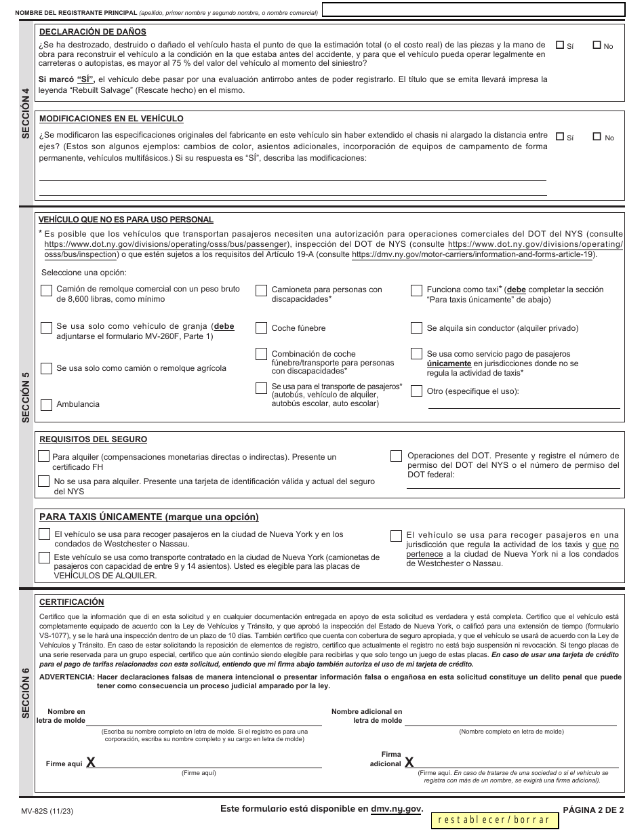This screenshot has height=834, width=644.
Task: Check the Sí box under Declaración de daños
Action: (560, 45)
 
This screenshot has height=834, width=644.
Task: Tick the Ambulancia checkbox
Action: (47, 405)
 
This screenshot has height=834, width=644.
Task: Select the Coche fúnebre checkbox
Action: (261, 328)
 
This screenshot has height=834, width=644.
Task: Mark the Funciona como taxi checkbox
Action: (416, 291)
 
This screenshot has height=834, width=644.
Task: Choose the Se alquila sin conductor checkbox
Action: (416, 328)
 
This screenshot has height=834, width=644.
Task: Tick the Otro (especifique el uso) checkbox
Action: (416, 391)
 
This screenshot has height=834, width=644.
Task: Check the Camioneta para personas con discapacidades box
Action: (261, 291)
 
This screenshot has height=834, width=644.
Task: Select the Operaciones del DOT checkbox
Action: (396, 456)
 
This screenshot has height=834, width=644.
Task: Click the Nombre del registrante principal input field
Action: (472, 9)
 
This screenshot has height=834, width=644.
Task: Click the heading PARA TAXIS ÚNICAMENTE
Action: (149, 517)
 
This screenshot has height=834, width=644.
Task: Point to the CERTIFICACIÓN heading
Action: (72, 601)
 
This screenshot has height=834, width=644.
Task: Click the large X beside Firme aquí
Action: (90, 763)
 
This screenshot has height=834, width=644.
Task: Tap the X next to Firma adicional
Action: (409, 763)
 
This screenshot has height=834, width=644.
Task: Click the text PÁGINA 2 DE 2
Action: (592, 810)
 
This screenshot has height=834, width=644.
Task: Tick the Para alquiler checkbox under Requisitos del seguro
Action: (44, 456)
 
